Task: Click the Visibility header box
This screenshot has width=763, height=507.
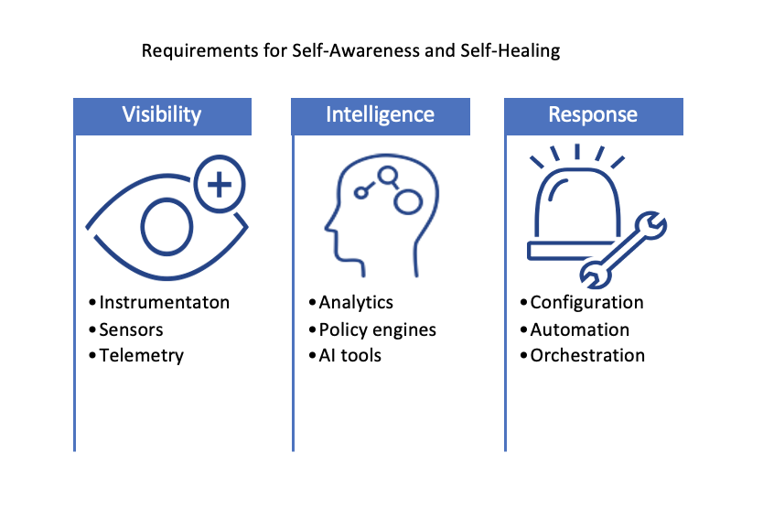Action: (x=162, y=115)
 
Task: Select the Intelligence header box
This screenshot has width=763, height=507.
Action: (x=381, y=115)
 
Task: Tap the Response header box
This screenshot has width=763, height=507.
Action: (x=593, y=115)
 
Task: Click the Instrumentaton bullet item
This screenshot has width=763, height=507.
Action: (x=165, y=302)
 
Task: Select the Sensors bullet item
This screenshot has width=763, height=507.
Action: (x=133, y=329)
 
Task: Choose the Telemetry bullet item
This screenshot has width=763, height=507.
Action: (x=142, y=355)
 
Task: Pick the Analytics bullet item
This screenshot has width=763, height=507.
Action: (x=356, y=302)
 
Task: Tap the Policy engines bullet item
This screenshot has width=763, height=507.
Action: (x=378, y=329)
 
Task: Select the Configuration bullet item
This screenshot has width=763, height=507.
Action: (x=586, y=302)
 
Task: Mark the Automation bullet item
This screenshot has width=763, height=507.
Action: (x=580, y=329)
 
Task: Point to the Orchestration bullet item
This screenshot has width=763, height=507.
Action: (x=587, y=355)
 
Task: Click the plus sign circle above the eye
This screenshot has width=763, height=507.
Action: (x=220, y=186)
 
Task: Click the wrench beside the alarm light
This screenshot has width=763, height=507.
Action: (x=625, y=246)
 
